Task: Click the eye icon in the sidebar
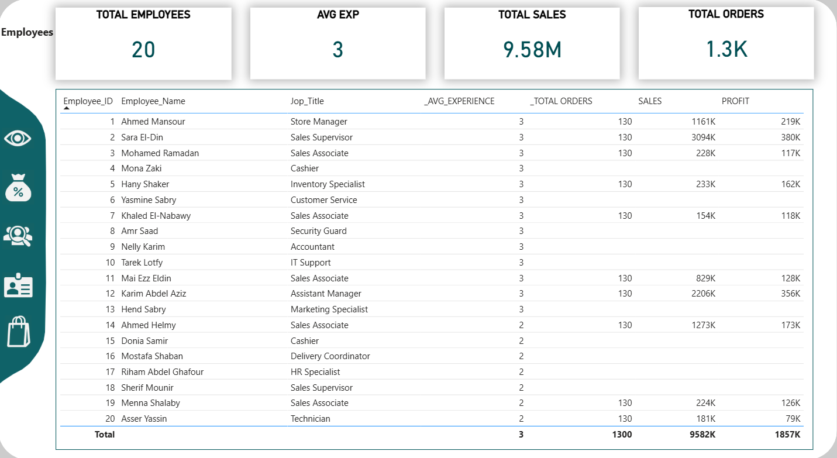click(x=18, y=139)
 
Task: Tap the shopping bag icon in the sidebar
click(x=18, y=332)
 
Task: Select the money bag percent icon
click(x=18, y=187)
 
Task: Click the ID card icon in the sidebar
click(x=18, y=285)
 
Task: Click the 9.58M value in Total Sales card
click(x=532, y=50)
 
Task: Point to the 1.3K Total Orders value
click(x=726, y=50)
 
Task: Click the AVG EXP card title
click(x=337, y=15)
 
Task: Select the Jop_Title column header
click(x=307, y=101)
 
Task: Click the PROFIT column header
click(x=735, y=101)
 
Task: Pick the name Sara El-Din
click(x=142, y=137)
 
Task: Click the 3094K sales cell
click(x=702, y=137)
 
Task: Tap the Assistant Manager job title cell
click(x=326, y=294)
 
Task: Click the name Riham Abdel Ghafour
click(x=162, y=372)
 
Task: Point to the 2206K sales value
click(x=702, y=294)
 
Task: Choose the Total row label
click(x=105, y=435)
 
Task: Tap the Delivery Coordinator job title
click(x=330, y=356)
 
